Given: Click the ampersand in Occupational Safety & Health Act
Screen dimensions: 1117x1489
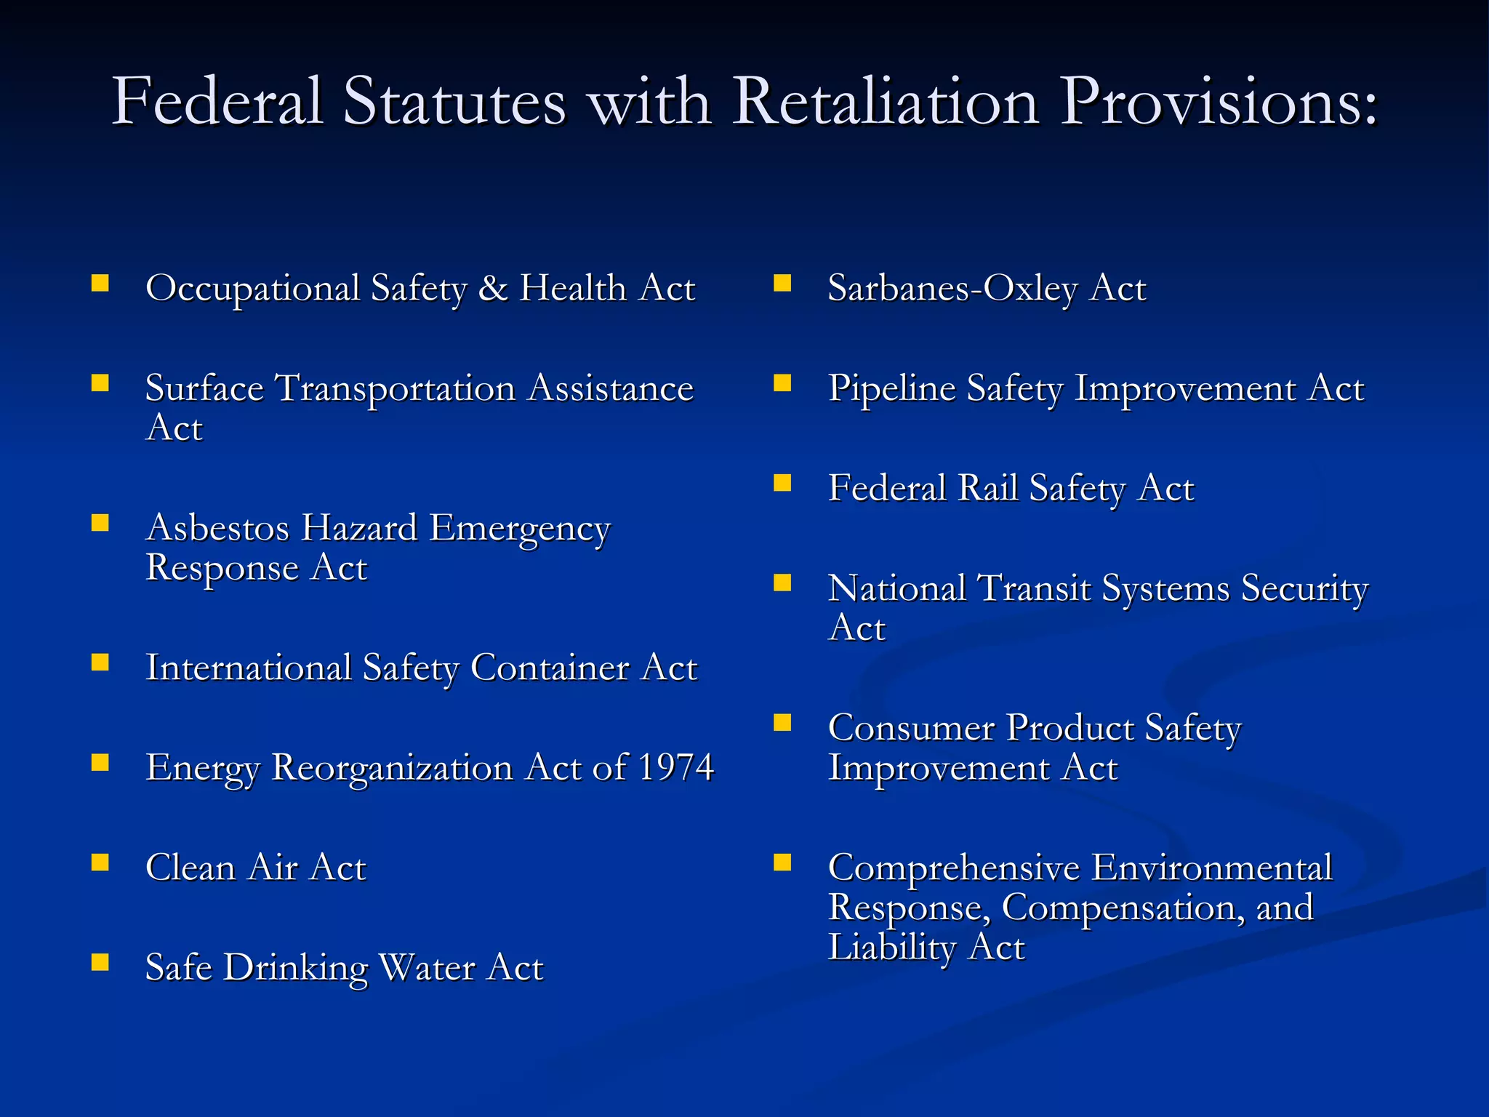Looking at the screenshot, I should click(x=493, y=288).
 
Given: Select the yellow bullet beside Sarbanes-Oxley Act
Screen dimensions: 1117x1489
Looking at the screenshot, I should click(x=782, y=283).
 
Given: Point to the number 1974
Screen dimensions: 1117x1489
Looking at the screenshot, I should click(x=675, y=767).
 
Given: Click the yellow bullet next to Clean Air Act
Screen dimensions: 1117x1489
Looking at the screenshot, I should click(x=100, y=862).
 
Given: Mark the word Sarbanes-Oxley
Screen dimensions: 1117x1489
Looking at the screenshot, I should click(x=952, y=289).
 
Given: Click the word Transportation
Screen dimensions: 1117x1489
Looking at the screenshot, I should click(x=396, y=388).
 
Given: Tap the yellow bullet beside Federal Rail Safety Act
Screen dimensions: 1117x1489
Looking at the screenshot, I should click(x=782, y=483).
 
